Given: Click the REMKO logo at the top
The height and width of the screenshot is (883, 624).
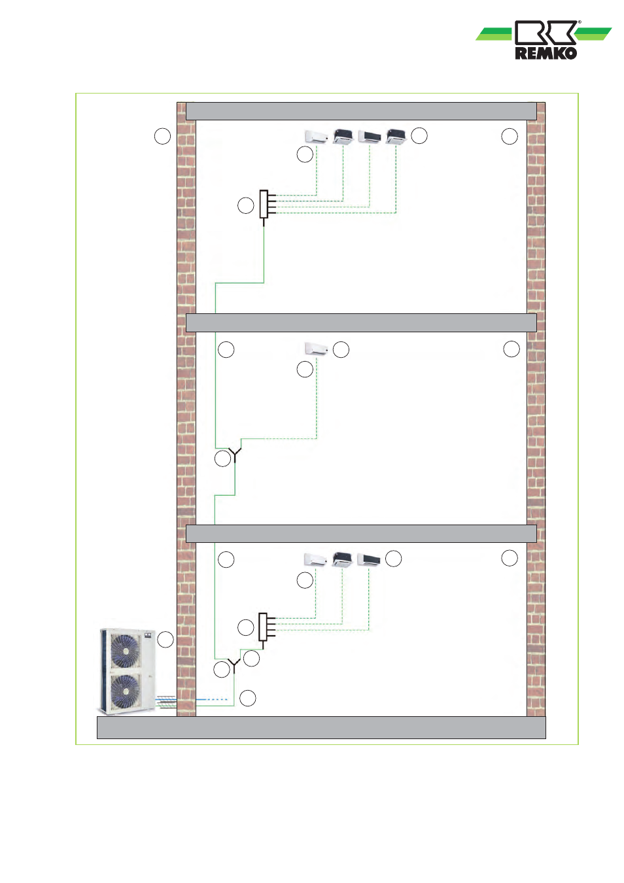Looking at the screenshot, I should (x=545, y=40).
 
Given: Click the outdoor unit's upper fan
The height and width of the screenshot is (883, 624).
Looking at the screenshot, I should (x=124, y=651).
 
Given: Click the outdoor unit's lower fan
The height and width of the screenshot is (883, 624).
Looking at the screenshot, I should (x=124, y=691).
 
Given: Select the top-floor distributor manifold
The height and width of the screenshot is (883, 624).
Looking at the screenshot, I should (x=264, y=204).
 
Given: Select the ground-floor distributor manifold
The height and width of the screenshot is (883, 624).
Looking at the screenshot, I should (x=263, y=627).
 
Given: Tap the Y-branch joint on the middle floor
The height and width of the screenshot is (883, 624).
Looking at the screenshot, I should (x=235, y=452).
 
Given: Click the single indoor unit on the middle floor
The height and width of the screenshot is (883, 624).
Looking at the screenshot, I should (x=316, y=349).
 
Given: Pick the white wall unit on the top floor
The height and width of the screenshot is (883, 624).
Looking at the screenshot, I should (x=316, y=137).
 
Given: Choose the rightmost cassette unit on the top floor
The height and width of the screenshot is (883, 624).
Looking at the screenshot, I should (x=396, y=136).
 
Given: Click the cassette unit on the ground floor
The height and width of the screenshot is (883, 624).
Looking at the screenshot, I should (x=342, y=560).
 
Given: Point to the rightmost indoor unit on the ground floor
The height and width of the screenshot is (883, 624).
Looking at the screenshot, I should (x=369, y=560).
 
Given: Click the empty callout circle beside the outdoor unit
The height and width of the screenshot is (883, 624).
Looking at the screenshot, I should (x=165, y=639).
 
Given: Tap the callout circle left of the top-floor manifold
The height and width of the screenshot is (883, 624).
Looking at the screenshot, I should (x=245, y=205).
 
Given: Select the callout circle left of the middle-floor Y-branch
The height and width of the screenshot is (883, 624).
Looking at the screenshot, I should (x=222, y=459).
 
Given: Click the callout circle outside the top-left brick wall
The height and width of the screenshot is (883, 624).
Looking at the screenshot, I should (x=162, y=136).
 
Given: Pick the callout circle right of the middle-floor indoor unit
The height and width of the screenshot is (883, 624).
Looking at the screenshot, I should (x=341, y=349).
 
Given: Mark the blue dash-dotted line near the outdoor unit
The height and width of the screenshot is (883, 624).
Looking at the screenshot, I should (x=213, y=699).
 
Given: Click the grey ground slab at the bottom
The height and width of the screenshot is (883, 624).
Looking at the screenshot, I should (x=321, y=727).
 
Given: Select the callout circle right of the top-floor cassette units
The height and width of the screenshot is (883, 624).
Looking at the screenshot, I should (x=419, y=135).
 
